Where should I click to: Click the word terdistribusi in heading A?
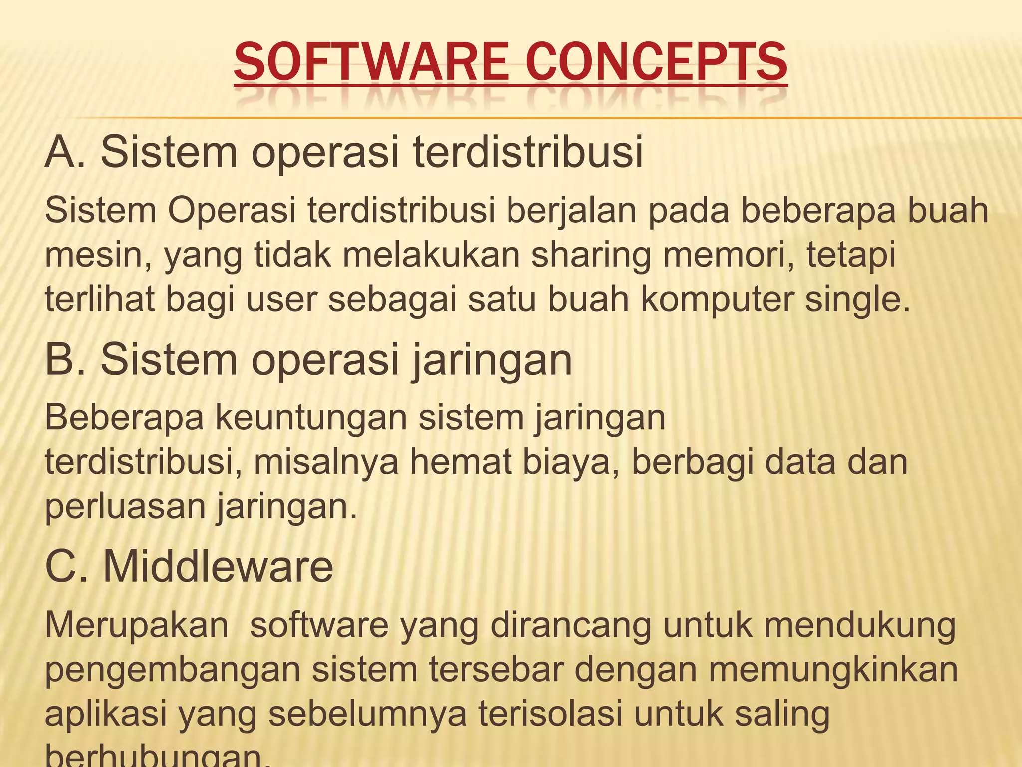click(528, 152)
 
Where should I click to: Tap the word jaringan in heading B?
click(492, 361)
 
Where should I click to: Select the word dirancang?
click(571, 626)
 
